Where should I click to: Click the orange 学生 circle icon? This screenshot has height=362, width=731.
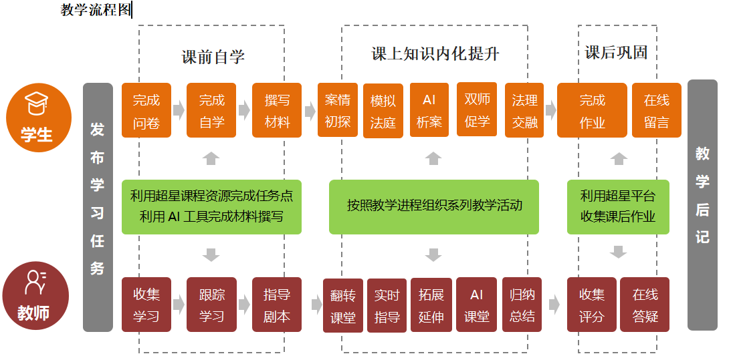pos(39,118)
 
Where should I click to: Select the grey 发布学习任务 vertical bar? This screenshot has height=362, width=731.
pos(98,207)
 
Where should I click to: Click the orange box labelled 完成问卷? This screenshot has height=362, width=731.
pos(146,110)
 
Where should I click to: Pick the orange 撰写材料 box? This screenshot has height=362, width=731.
pos(277,110)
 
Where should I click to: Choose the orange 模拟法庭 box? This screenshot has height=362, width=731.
pos(383,111)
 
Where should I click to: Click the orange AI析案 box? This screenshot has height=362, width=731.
pos(429,110)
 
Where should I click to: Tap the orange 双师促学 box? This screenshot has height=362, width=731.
pos(477,110)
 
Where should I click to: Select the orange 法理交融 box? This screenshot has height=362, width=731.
pos(524,110)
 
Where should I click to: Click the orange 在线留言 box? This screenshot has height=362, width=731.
pos(657,110)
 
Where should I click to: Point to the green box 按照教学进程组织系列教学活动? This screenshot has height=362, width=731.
pos(434,206)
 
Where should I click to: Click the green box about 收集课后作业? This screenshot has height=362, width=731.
pos(618,206)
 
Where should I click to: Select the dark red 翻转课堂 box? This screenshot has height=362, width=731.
pos(343,306)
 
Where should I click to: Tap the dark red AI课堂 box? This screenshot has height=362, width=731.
pos(477,305)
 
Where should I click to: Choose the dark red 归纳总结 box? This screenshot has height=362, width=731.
pos(522,305)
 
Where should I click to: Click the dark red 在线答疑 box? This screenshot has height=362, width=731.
pos(645,305)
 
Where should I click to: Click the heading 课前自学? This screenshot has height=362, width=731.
pos(213,57)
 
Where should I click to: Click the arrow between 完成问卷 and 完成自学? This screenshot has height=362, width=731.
pos(179,110)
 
